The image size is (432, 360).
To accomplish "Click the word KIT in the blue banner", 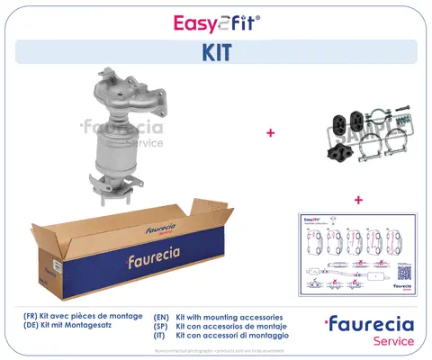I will (x=215, y=52).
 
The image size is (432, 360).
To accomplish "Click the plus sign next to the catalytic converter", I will (x=269, y=132).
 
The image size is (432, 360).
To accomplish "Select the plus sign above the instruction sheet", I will (x=357, y=199).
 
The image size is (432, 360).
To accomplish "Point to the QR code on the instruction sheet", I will (x=404, y=274).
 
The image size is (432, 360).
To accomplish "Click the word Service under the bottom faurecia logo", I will (x=392, y=342).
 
